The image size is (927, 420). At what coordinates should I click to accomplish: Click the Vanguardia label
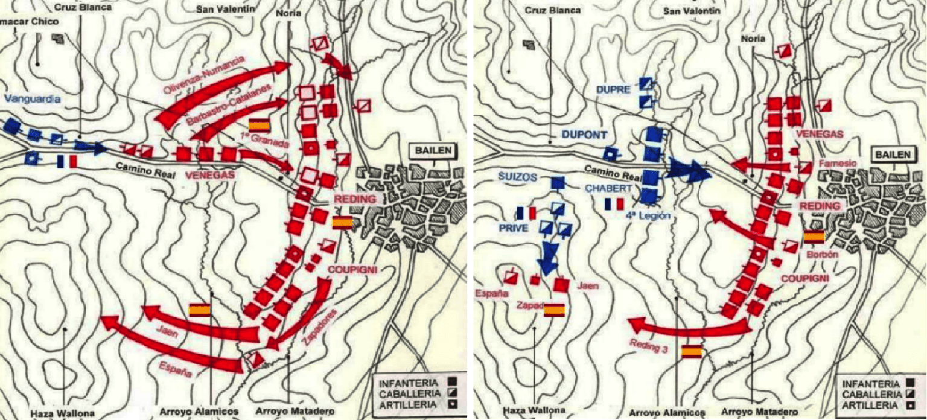[32, 99]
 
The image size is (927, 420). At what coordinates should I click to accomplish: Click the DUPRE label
[613, 89]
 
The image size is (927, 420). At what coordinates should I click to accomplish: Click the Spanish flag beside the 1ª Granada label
[259, 124]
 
